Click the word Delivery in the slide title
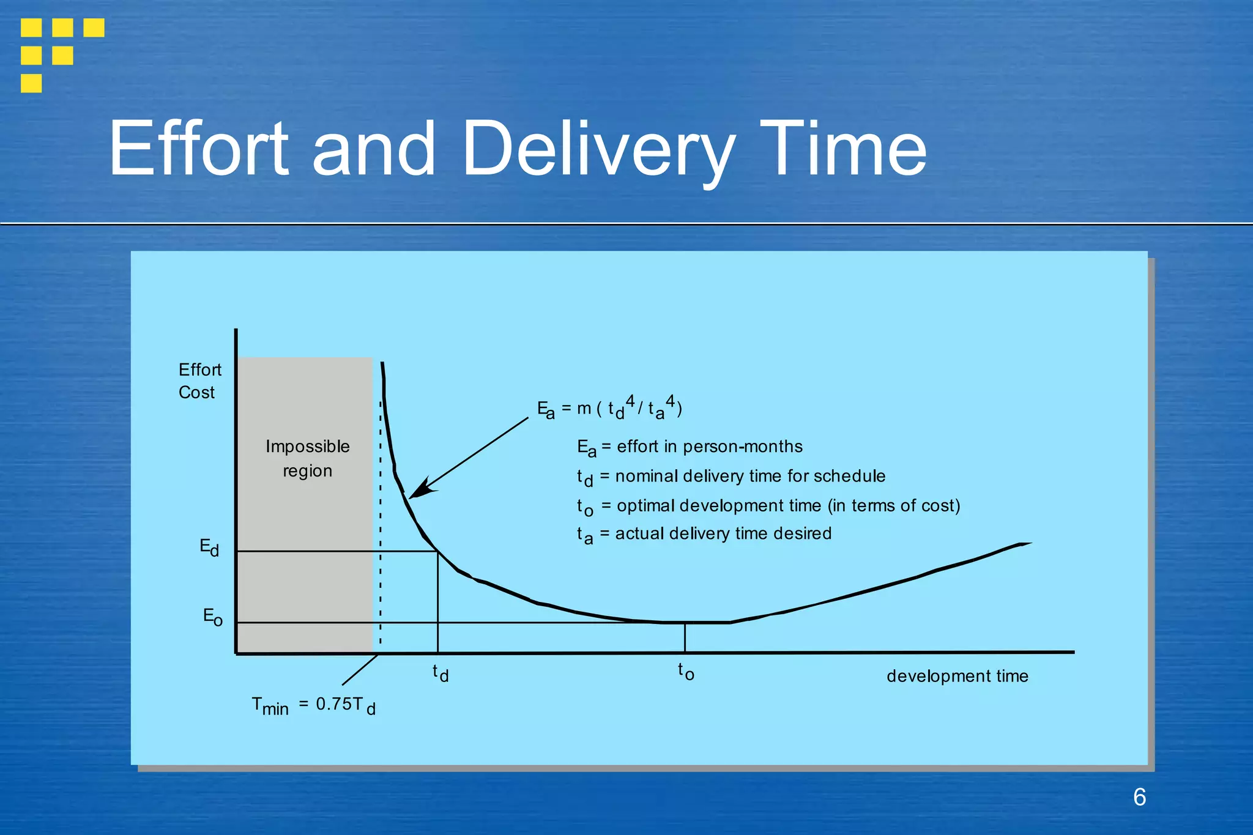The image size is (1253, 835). [598, 149]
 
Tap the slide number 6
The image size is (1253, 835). [1139, 797]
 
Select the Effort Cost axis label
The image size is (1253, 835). [199, 380]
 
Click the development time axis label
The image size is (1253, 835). [957, 676]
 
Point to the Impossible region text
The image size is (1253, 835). [307, 458]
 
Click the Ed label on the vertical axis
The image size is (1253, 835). [209, 547]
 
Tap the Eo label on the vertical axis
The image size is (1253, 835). [212, 617]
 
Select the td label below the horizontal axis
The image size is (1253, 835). [441, 673]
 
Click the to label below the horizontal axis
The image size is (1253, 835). [686, 672]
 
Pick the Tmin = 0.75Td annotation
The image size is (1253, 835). [313, 705]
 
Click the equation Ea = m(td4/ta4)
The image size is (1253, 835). [609, 408]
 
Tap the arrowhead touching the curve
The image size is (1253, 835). [418, 490]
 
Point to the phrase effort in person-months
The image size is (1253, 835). [709, 447]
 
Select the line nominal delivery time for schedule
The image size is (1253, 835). [749, 476]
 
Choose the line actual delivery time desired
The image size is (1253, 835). [723, 533]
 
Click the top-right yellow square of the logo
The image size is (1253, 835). [94, 28]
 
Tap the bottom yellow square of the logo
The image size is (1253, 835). [31, 83]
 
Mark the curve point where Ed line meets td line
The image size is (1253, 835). [437, 551]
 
